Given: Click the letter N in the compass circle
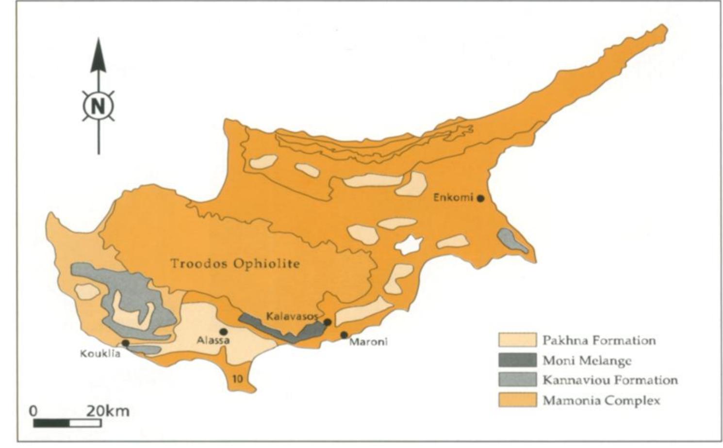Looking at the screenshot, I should [x=99, y=105].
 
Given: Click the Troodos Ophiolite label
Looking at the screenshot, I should [x=235, y=263].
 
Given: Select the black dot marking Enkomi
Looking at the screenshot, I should [x=480, y=198].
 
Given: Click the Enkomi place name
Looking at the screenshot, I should [x=453, y=198].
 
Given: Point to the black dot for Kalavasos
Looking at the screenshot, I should [x=328, y=322].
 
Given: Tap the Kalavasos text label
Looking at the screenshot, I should [x=292, y=316].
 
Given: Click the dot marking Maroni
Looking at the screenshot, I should [x=344, y=335].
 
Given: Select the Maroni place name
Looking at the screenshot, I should [x=368, y=342].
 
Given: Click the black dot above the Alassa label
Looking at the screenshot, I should [x=224, y=331].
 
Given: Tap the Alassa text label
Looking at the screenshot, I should [x=213, y=340].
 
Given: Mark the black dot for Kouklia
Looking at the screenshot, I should [x=126, y=343].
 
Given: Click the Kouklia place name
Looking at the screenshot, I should [x=100, y=353].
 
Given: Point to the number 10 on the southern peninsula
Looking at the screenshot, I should [x=237, y=379].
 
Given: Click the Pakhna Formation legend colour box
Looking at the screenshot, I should [x=517, y=340].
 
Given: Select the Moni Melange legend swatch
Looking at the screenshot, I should [x=517, y=360].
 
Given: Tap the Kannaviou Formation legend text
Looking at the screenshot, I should [x=610, y=380].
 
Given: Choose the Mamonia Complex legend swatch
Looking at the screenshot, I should [x=517, y=400].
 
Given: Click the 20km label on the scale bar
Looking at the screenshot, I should [x=108, y=411].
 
